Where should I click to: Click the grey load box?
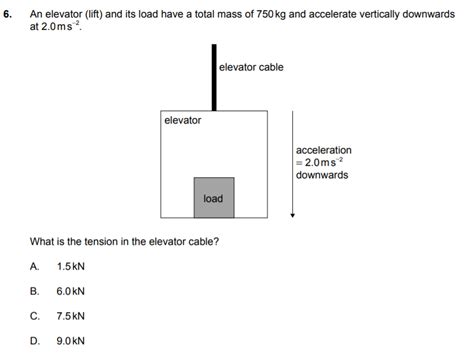point(213,197)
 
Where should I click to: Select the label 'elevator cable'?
point(251,67)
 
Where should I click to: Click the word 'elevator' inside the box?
point(183,121)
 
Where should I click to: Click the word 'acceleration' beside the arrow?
point(324,150)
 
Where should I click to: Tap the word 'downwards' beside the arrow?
point(322,174)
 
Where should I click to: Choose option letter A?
point(35,266)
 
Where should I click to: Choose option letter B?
point(35,291)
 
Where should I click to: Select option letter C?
point(35,315)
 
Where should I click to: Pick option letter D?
point(35,340)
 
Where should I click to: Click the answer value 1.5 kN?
point(71,266)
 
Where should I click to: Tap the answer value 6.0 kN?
point(71,291)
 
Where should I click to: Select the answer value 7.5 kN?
point(71,315)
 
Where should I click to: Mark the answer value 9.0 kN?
point(71,340)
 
